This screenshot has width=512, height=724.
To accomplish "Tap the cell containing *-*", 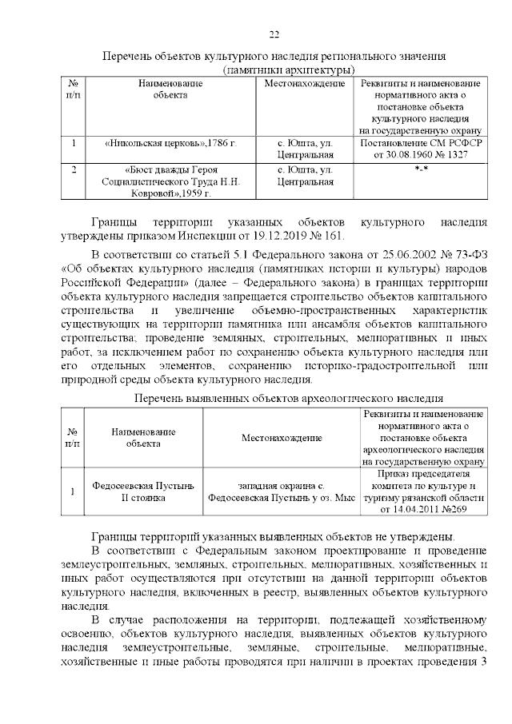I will tap(421, 170).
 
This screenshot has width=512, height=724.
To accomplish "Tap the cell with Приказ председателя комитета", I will tap(421, 491).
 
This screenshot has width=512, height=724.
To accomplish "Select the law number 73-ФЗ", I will tap(461, 256).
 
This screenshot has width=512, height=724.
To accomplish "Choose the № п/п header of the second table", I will tap(74, 438).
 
